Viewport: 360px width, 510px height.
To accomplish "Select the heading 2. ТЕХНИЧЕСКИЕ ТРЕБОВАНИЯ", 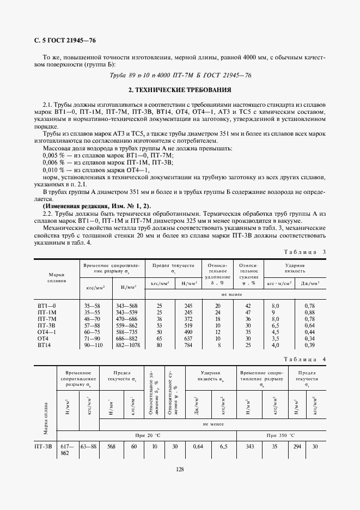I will [x=180, y=89].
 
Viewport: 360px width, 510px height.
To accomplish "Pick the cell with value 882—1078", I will [x=128, y=344].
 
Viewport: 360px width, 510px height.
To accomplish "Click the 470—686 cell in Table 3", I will [x=128, y=318].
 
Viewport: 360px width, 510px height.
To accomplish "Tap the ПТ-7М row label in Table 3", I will [x=46, y=318].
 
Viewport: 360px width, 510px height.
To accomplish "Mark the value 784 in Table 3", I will [x=188, y=344].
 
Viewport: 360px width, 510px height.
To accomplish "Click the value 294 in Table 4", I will [x=297, y=446].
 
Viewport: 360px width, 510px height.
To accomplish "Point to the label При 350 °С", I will [x=280, y=435].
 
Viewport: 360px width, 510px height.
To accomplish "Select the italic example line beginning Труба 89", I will [x=180, y=76].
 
